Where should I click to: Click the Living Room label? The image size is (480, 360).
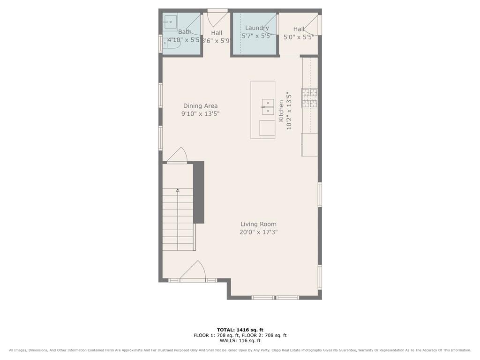pyautogui.click(x=258, y=224)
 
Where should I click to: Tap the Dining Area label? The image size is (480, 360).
pyautogui.click(x=200, y=106)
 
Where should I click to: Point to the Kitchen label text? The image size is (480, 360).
pyautogui.click(x=281, y=111)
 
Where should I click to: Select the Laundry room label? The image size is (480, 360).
pyautogui.click(x=257, y=28)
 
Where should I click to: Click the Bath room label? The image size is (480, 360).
pyautogui.click(x=185, y=32)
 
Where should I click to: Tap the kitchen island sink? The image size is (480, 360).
pyautogui.click(x=268, y=107)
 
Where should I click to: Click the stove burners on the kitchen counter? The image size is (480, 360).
pyautogui.click(x=309, y=98)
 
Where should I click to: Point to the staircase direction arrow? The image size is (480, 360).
pyautogui.click(x=178, y=190)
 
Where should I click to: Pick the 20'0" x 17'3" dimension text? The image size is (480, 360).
pyautogui.click(x=258, y=232)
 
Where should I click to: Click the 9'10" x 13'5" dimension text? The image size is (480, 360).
pyautogui.click(x=200, y=114)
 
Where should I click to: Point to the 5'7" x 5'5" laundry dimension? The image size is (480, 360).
pyautogui.click(x=257, y=36)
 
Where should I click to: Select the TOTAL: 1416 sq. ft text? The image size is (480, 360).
pyautogui.click(x=240, y=330)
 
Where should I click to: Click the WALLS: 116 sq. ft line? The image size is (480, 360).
pyautogui.click(x=240, y=341)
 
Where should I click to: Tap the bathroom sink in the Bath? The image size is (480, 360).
pyautogui.click(x=170, y=20)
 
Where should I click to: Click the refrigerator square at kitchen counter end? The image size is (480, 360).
pyautogui.click(x=309, y=144)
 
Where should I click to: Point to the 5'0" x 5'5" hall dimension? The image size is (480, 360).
pyautogui.click(x=299, y=37)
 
